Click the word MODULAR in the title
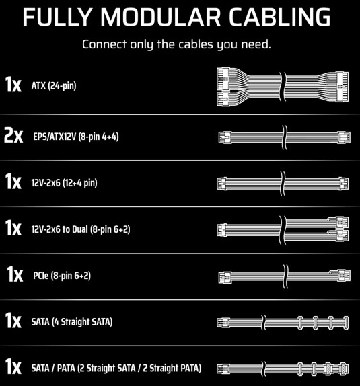pos(160,17)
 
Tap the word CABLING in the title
pos(280,17)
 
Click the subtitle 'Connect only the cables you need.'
pos(176,44)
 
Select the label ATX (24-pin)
pos(54,85)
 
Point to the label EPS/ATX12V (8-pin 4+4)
pos(76,137)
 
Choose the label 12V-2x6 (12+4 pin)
pos(65,183)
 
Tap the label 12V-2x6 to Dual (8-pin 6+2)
pos(81,229)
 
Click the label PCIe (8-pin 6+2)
pos(62,276)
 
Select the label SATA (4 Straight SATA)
pos(72,322)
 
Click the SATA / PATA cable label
pos(116,369)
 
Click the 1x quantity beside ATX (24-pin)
pos(13,85)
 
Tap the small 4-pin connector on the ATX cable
pos(223,99)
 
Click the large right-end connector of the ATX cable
pos(343,86)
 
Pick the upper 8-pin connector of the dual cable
pos(343,222)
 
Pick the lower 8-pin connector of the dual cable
pos(343,236)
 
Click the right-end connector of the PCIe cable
pos(344,275)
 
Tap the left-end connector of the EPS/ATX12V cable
pos(225,137)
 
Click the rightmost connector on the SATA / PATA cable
pos(344,369)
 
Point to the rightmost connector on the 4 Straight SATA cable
pos(346,323)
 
